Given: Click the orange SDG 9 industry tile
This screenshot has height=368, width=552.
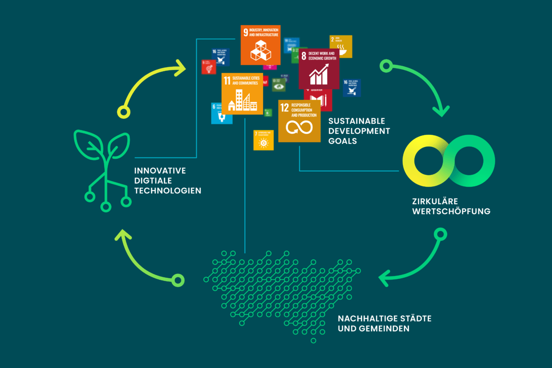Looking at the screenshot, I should [260, 45].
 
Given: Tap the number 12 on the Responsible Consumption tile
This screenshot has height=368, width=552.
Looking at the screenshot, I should [285, 108].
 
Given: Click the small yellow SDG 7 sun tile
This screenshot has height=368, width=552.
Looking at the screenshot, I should [263, 140].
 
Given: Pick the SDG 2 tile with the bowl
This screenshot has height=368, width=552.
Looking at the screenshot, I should [341, 46].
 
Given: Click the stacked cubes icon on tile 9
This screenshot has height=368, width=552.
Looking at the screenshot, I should [261, 51].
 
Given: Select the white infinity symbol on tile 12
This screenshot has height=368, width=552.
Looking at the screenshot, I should [299, 126].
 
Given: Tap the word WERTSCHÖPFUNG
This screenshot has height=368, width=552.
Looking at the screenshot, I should [451, 212].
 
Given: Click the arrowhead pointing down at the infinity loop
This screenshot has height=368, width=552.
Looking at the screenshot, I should [442, 110].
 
